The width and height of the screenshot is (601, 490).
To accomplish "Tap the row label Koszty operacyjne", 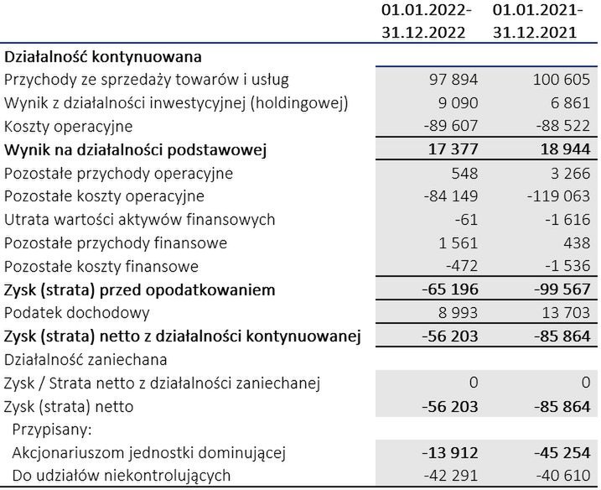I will [x=69, y=127].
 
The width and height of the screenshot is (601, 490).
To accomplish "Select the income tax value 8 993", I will [x=456, y=314].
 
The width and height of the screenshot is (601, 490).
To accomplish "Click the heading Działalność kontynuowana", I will [x=104, y=57].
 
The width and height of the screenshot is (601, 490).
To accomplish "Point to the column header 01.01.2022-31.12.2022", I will [x=426, y=23].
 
